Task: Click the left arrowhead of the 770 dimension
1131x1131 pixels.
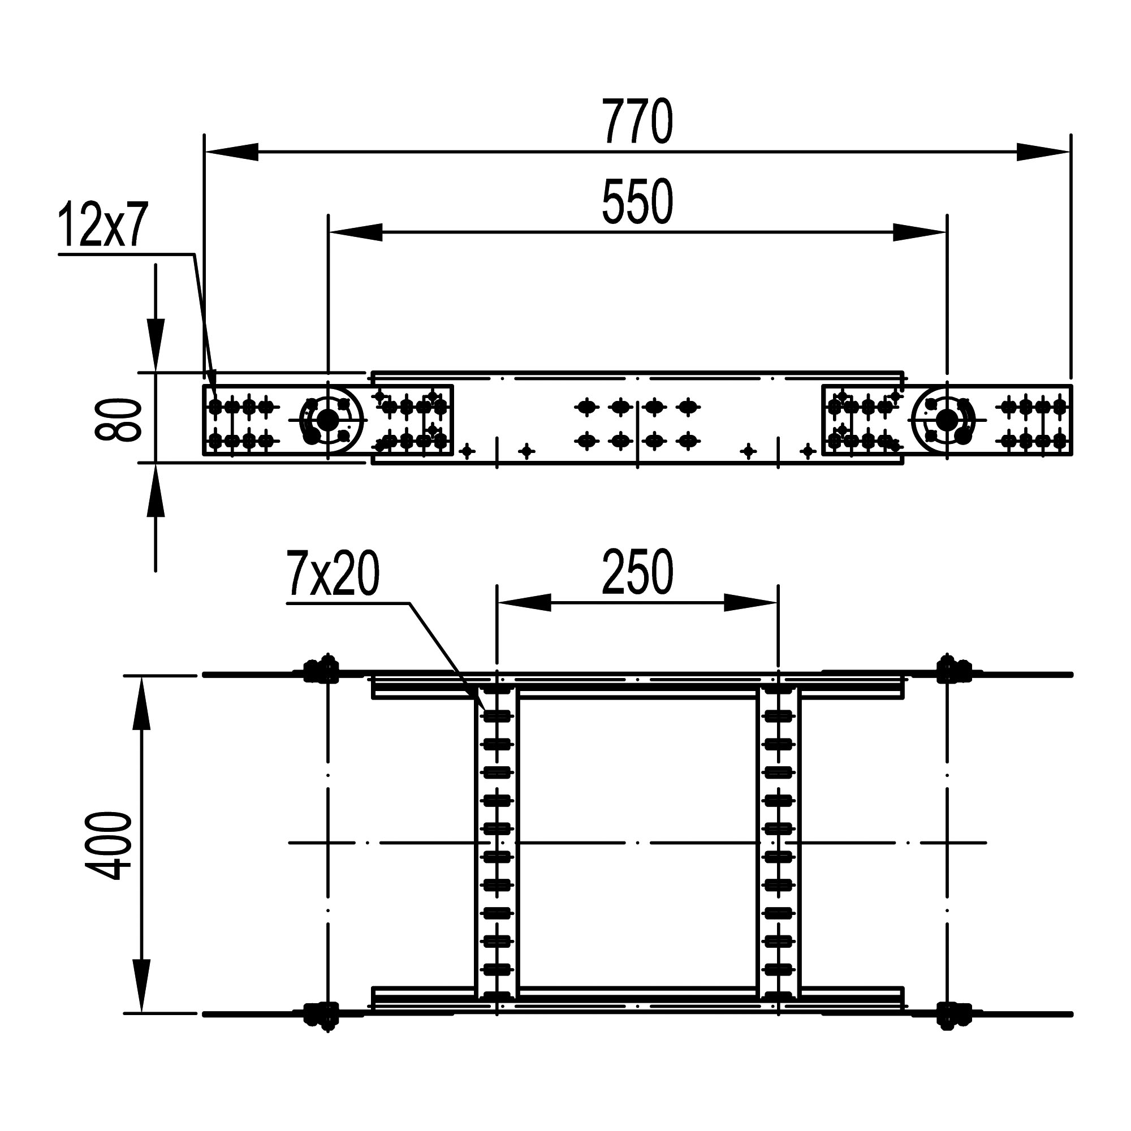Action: [x=231, y=152]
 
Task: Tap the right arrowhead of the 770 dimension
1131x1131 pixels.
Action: [x=1044, y=152]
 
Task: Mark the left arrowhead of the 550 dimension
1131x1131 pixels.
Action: [x=355, y=232]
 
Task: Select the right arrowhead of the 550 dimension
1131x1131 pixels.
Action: [x=920, y=232]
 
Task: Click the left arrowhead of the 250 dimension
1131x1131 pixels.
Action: [x=524, y=602]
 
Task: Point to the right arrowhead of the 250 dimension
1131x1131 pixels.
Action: [x=751, y=602]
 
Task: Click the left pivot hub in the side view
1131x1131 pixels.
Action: [x=328, y=420]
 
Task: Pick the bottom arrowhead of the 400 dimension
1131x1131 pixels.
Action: [x=142, y=986]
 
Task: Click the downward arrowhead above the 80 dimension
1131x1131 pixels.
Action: [x=155, y=346]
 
